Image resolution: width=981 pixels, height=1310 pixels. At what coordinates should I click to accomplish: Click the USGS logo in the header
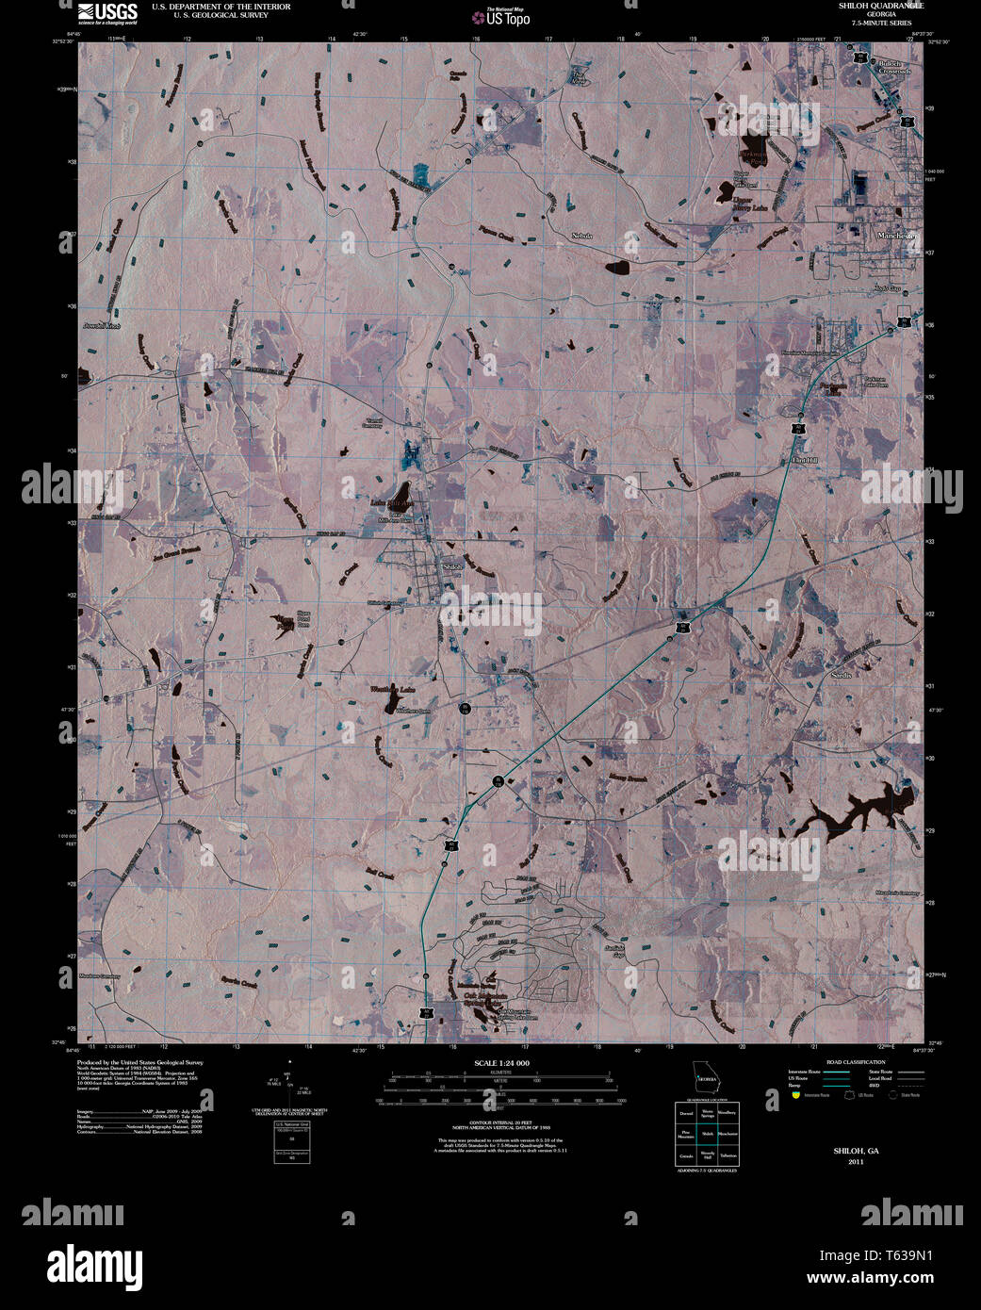(107, 12)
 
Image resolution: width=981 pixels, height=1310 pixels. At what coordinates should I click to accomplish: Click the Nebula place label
(581, 236)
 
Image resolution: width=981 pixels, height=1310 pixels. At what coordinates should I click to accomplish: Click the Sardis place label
(842, 675)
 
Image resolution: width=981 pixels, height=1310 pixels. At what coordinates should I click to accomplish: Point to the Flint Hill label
(807, 460)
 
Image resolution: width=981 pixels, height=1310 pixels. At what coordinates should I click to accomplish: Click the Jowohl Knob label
(102, 326)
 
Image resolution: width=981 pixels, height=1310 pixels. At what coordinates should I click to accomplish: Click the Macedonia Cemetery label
(895, 893)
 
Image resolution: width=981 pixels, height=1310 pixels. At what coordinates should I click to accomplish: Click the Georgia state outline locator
(706, 1075)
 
